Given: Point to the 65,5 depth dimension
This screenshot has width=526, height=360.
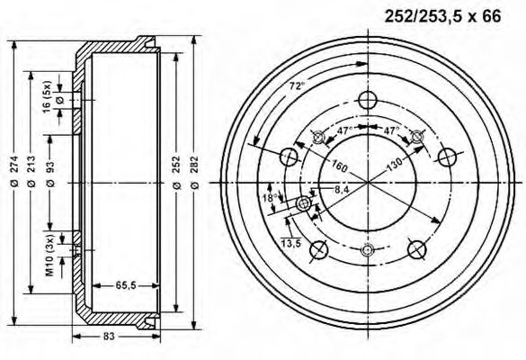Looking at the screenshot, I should point(126,285).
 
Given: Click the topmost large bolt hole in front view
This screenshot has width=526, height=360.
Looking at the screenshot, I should point(366,100).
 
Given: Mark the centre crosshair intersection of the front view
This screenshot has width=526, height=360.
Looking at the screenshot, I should point(367,183).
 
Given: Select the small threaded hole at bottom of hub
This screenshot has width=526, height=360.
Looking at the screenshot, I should point(366,250).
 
